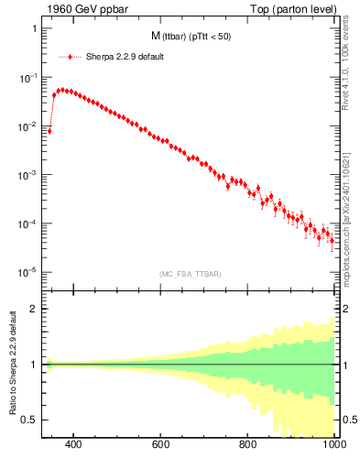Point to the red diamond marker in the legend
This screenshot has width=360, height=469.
(70, 57)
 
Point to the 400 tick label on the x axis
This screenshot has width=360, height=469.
(74, 446)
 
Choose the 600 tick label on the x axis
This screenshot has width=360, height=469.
(161, 446)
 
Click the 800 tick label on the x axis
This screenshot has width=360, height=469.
(248, 446)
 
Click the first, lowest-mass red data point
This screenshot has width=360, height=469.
(49, 131)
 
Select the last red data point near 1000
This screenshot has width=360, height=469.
(332, 241)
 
